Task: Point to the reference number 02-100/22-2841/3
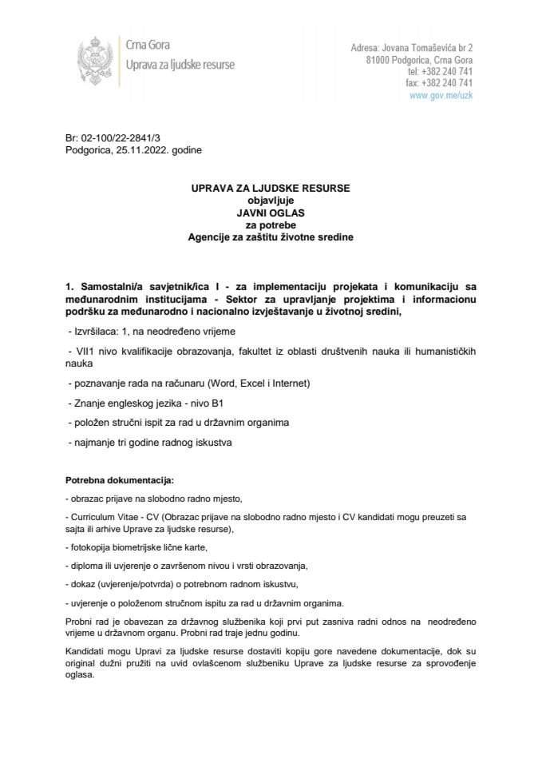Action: point(117,138)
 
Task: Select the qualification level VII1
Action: point(81,352)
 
